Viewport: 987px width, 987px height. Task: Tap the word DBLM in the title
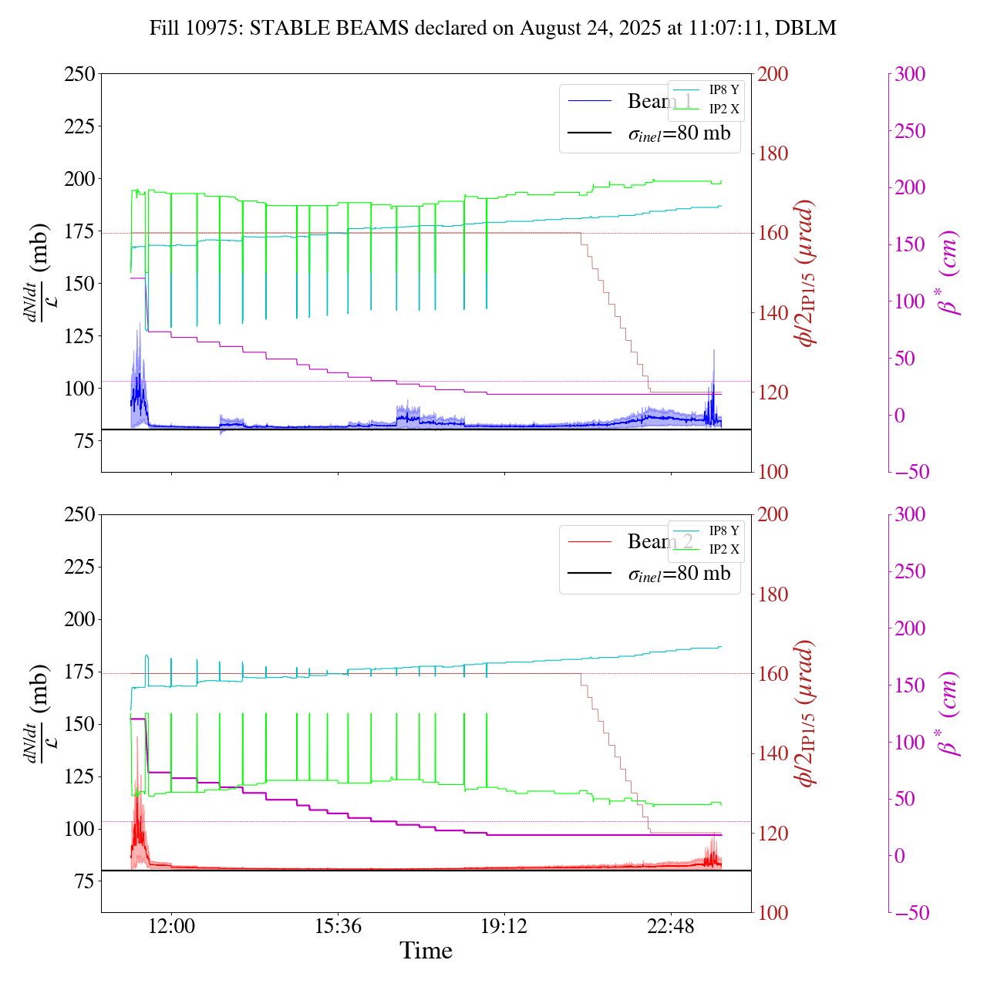806,29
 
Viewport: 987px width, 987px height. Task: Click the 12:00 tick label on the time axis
171,926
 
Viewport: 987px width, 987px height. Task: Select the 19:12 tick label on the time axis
504,926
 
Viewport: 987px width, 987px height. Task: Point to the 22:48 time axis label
671,926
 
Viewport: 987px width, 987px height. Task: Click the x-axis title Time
426,951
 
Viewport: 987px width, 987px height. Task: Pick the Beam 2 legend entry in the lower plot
660,542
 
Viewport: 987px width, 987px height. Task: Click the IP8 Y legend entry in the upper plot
723,90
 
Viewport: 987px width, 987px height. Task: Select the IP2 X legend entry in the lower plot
723,550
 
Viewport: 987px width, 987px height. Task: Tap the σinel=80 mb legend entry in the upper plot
679,133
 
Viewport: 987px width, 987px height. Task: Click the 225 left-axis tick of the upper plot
80,126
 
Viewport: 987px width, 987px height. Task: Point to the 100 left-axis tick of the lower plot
80,830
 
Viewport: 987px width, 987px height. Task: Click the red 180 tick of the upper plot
773,153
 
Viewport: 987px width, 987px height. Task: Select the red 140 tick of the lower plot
773,753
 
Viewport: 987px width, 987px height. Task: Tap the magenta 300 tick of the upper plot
910,75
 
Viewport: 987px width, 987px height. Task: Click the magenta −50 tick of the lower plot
910,913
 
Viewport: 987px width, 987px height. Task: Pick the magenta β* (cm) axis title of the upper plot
950,272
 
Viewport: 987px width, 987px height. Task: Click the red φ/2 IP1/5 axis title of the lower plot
807,713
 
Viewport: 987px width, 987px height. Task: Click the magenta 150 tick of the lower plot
910,686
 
